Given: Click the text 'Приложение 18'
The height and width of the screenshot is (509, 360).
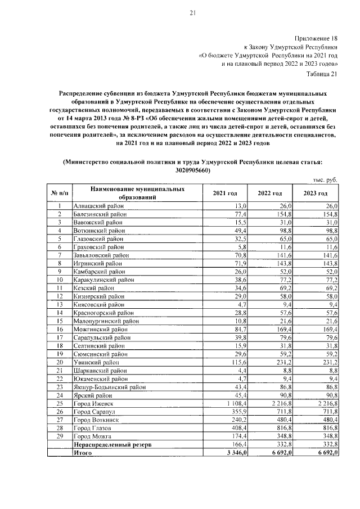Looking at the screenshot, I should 318,39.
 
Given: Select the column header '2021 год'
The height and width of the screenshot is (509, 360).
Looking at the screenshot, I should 224,193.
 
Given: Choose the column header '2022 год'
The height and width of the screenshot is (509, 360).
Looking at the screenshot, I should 269,193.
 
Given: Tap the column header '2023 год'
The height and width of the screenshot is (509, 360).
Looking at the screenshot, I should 315,193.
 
